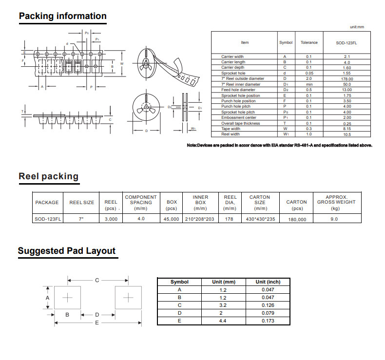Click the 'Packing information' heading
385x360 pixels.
coord(62,16)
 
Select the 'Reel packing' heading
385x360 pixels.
coord(49,176)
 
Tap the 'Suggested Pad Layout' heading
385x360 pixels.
coord(67,251)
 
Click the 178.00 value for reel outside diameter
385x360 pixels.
coord(347,79)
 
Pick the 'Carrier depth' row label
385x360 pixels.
coord(232,67)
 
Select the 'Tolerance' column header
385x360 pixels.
coord(309,42)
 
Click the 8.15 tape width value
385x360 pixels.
coord(347,129)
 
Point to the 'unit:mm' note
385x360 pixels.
coord(357,27)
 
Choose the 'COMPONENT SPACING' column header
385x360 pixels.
coord(141,200)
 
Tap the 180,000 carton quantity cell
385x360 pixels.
coord(297,219)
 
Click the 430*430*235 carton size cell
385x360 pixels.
coord(260,219)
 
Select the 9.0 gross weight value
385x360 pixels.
coord(334,219)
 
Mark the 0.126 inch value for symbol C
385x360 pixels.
coord(268,305)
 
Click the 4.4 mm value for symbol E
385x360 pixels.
coord(223,321)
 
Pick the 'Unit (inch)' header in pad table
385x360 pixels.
coord(268,282)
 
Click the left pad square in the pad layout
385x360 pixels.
coord(67,298)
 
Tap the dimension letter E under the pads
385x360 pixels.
coord(97,322)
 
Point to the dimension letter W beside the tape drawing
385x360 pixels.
coord(122,63)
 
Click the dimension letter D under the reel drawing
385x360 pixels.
coord(146,131)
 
